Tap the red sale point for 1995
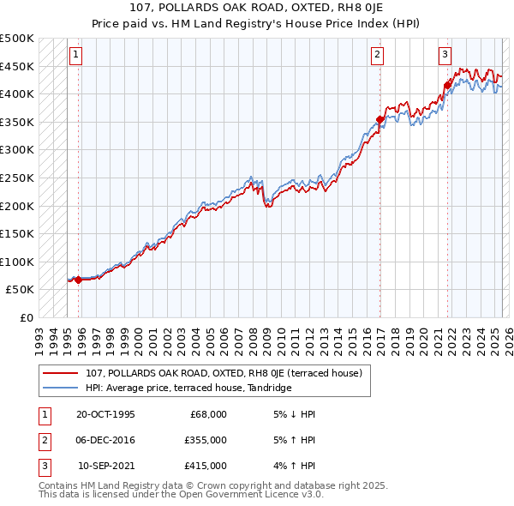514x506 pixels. point(78,280)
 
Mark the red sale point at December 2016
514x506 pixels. point(380,119)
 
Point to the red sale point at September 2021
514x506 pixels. point(447,85)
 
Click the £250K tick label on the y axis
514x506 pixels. point(17,178)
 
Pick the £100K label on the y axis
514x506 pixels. point(17,262)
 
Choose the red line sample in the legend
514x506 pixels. point(61,373)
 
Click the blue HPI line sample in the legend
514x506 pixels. point(61,388)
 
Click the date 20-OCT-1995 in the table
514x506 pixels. point(105,413)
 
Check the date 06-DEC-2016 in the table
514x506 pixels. point(105,440)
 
